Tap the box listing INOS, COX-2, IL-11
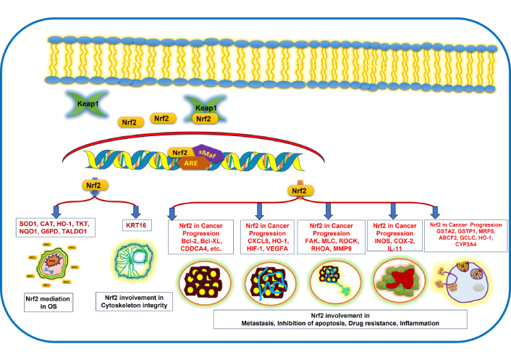tap(394, 237)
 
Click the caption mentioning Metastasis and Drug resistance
tap(339, 319)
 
